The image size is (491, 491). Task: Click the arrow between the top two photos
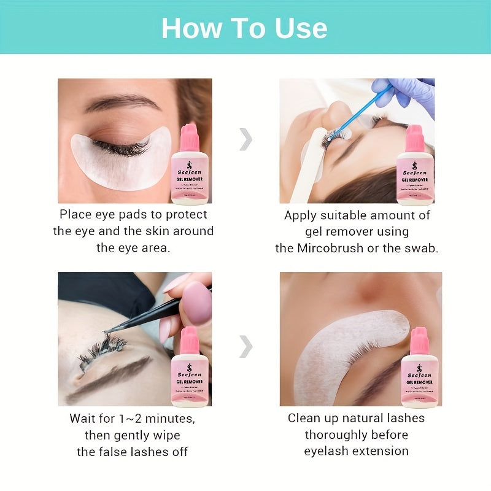245,140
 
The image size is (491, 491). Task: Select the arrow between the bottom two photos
245,346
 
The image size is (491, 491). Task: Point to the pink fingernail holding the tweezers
197,303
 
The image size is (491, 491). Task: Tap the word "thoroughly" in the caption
356,435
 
